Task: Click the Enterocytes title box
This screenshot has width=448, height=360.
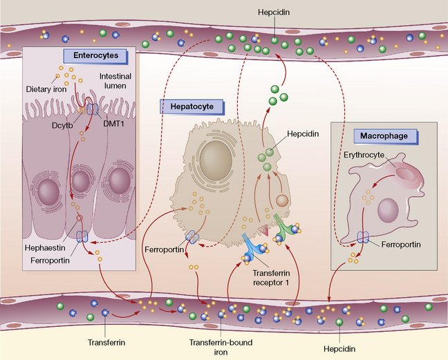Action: [90, 55]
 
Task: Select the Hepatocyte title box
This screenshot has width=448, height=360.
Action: [192, 106]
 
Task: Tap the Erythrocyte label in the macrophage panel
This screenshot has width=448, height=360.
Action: [362, 155]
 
